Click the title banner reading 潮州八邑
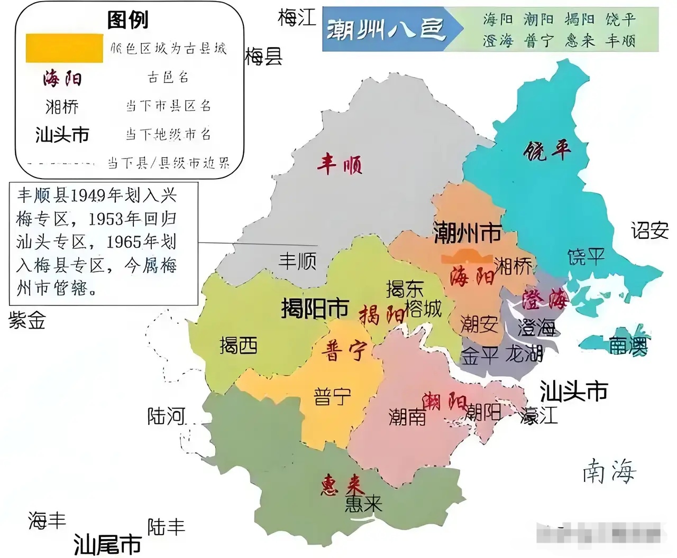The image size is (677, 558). [x=385, y=30]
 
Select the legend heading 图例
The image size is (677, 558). [x=127, y=20]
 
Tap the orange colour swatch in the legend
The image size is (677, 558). [x=64, y=48]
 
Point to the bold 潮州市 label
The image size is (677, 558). [x=468, y=232]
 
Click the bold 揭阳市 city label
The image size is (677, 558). [x=315, y=308]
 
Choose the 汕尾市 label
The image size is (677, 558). [x=107, y=544]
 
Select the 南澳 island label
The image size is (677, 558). [x=628, y=346]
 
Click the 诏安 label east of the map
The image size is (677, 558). [x=649, y=230]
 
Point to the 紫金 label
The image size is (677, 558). [x=27, y=320]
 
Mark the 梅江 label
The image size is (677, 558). [x=297, y=17]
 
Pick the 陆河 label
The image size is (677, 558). [x=166, y=416]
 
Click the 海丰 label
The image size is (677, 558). [x=47, y=520]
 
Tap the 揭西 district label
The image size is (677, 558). [x=239, y=346]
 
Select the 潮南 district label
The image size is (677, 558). [x=407, y=417]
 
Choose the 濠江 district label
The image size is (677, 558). [x=539, y=415]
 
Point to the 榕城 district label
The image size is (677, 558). [x=423, y=309]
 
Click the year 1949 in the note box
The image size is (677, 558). [x=88, y=196]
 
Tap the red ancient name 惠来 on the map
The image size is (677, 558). [x=342, y=485]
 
